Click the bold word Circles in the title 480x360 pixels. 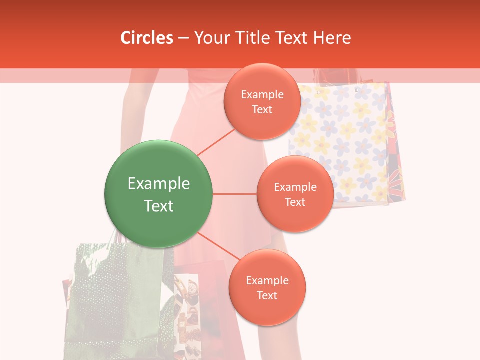(x=147, y=38)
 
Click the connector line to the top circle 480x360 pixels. (x=216, y=141)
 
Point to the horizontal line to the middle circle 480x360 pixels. (x=235, y=194)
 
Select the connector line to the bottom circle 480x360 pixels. (x=218, y=248)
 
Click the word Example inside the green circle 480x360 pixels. (x=159, y=184)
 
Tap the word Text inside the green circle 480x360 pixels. (x=159, y=206)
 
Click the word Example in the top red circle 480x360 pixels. (x=262, y=95)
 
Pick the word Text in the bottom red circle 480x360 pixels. (x=267, y=296)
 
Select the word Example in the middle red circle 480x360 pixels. (x=295, y=187)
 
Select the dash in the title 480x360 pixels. (x=183, y=38)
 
